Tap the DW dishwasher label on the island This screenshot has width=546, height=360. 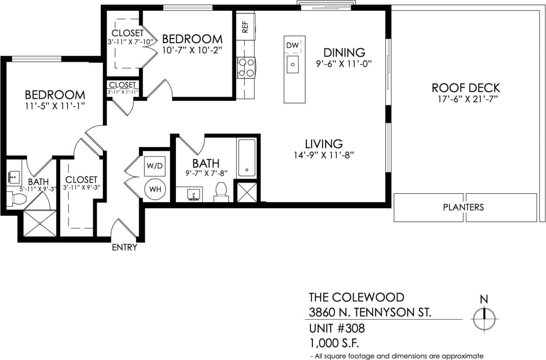coord(293,45)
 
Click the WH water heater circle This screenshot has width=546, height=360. coord(154,189)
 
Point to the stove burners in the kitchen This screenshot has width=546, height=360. coord(246,67)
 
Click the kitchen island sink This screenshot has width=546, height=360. coord(293,64)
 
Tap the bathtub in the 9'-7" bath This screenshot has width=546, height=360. coord(247,158)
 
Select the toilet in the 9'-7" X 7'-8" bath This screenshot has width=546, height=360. coord(221,192)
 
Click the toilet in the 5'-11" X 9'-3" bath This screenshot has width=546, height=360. coord(17,199)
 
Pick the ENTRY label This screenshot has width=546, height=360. coord(124,247)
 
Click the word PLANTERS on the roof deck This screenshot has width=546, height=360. coord(463,207)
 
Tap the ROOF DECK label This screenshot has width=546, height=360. coord(466,88)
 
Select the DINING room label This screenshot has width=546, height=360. coord(344,52)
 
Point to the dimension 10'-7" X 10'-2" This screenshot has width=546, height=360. coord(192,51)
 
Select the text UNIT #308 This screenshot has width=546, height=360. coord(337,329)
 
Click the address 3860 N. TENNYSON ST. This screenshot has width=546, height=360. coord(370,313)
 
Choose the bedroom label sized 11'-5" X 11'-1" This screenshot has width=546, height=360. coord(55,95)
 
